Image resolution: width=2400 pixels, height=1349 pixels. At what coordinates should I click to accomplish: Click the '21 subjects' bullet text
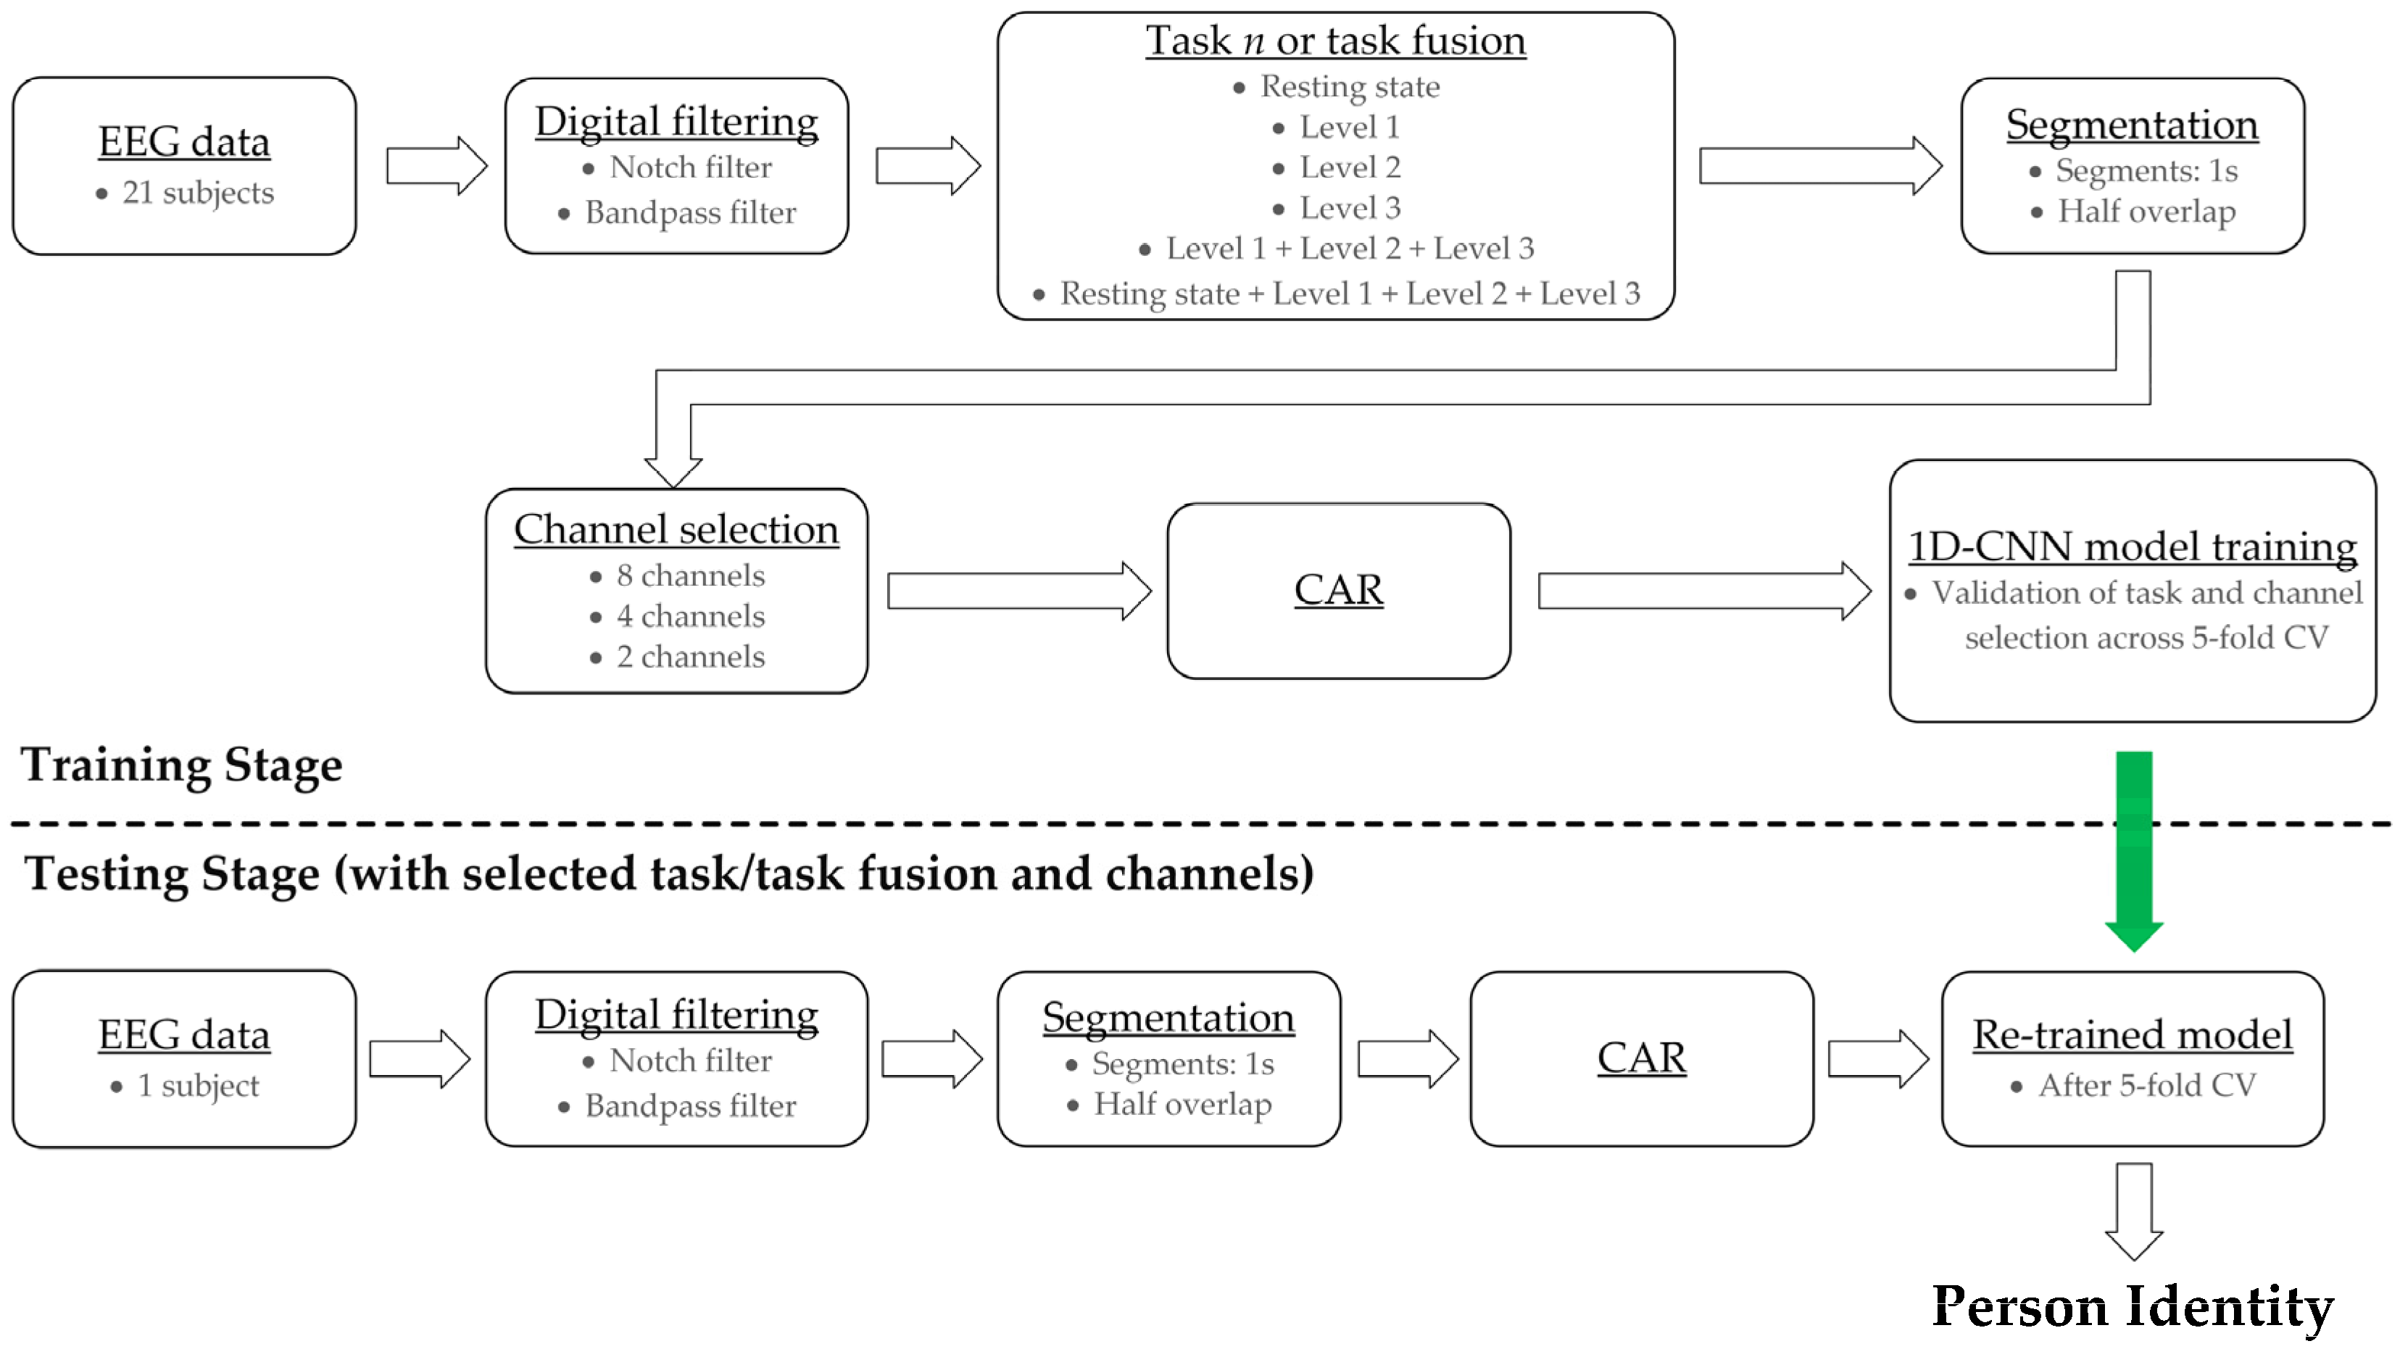point(196,193)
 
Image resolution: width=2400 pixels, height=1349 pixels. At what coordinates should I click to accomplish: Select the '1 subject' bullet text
point(197,1085)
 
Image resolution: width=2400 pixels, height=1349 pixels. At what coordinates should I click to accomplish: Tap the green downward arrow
point(2133,848)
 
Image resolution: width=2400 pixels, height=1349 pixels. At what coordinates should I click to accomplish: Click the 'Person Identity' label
point(2133,1306)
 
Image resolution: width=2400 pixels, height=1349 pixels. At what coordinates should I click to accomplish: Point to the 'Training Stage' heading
point(182,765)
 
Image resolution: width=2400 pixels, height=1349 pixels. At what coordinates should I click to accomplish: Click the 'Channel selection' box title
point(676,529)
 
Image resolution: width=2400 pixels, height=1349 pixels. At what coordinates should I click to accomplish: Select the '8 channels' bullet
point(689,576)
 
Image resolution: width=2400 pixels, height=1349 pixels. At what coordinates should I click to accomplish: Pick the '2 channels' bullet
point(689,657)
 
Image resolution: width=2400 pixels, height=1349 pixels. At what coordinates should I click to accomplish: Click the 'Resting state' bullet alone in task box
point(1349,87)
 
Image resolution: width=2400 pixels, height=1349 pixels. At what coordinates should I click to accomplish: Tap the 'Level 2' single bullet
point(1349,167)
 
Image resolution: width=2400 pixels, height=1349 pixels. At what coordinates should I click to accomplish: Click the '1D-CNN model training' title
point(2132,547)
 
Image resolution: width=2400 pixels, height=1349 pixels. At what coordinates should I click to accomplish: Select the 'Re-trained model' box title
point(2132,1034)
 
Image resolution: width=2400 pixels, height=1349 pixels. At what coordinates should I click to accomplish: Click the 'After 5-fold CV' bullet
point(2146,1085)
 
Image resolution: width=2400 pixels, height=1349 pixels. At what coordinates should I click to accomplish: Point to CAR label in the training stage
point(1338,590)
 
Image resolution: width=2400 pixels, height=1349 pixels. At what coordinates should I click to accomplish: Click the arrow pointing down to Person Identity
point(2133,1209)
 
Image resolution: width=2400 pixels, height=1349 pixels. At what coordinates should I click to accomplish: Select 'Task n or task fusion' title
point(1335,41)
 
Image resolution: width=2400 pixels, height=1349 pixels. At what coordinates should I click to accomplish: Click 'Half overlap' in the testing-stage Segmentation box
point(1182,1104)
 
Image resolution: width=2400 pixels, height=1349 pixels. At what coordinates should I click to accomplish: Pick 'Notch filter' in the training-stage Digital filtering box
point(689,167)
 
